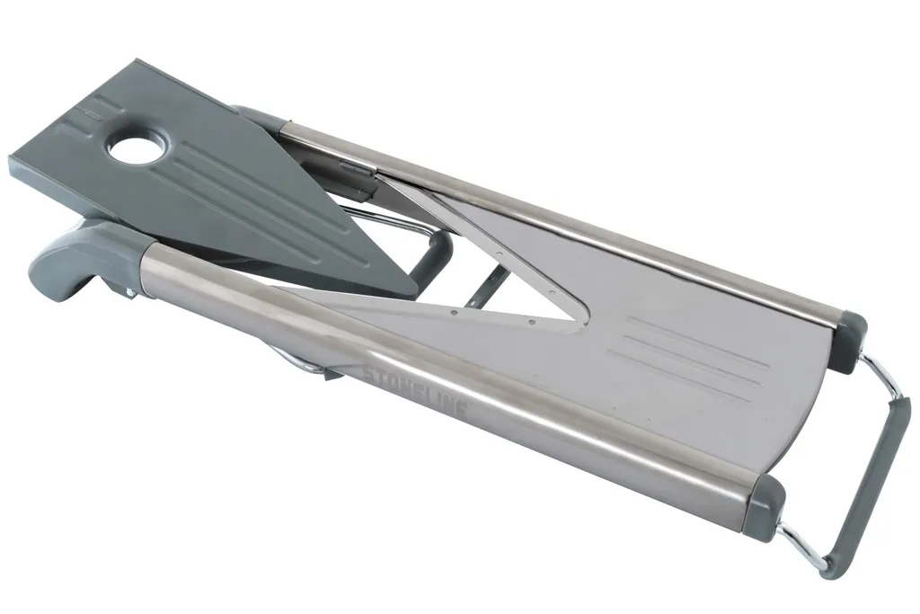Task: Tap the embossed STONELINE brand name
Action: tap(414, 392)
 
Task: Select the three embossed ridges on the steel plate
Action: tap(689, 358)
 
